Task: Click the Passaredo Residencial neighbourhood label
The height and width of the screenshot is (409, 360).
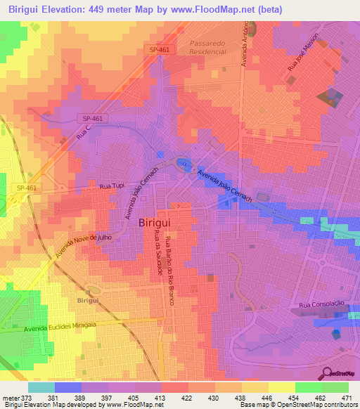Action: [x=212, y=47]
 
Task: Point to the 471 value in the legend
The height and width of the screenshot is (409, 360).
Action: [x=347, y=397]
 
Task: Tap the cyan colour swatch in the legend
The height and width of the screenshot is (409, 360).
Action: [x=41, y=387]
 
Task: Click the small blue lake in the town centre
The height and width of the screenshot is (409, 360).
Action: [x=184, y=165]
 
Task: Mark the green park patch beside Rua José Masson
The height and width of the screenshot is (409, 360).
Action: [x=329, y=98]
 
